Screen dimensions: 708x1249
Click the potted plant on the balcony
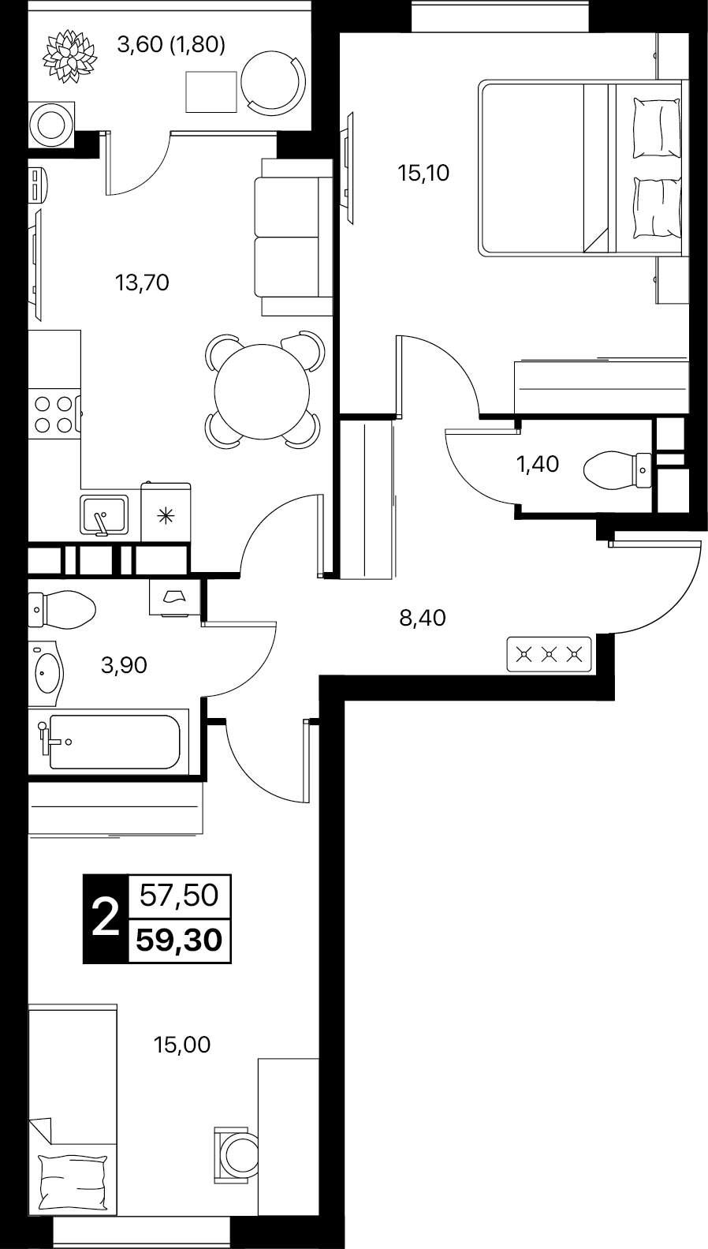(69, 56)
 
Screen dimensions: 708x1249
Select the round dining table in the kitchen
(262, 391)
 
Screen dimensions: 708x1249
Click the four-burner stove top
(54, 413)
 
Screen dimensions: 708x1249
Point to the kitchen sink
(104, 514)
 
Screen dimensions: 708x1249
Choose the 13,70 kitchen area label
(142, 283)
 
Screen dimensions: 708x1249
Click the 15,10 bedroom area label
(423, 174)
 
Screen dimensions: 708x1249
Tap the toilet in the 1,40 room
(618, 470)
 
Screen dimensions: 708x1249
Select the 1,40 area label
(538, 464)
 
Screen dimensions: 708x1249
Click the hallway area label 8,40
(423, 618)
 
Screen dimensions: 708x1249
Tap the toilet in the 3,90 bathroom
(61, 610)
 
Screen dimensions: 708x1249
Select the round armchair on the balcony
(274, 80)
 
